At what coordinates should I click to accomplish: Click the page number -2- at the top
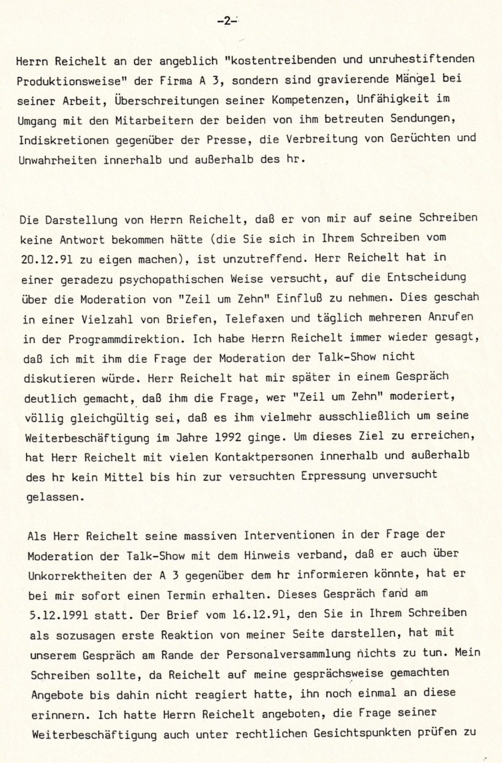[226, 22]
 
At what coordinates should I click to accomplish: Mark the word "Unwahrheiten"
[57, 160]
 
